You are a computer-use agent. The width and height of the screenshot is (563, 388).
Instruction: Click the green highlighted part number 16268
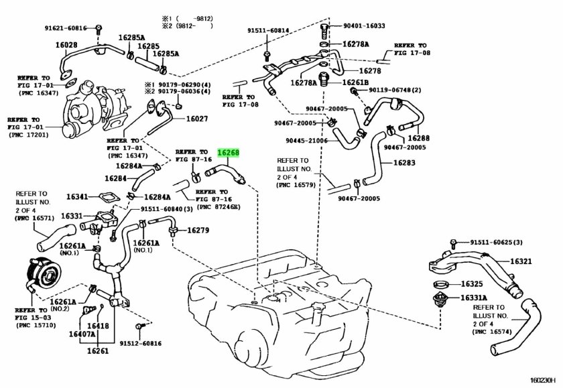pyautogui.click(x=228, y=153)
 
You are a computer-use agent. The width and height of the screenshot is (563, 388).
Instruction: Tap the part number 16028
pyautogui.click(x=66, y=45)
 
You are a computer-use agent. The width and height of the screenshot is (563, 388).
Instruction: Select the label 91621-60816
pyautogui.click(x=66, y=28)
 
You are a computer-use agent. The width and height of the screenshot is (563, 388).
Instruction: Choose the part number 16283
pyautogui.click(x=406, y=163)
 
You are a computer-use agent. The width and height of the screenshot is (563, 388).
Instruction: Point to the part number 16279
pyautogui.click(x=198, y=231)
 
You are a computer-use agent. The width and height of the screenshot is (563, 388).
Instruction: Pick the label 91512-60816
pyautogui.click(x=141, y=343)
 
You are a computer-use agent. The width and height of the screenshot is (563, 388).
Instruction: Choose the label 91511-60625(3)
pyautogui.click(x=496, y=242)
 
